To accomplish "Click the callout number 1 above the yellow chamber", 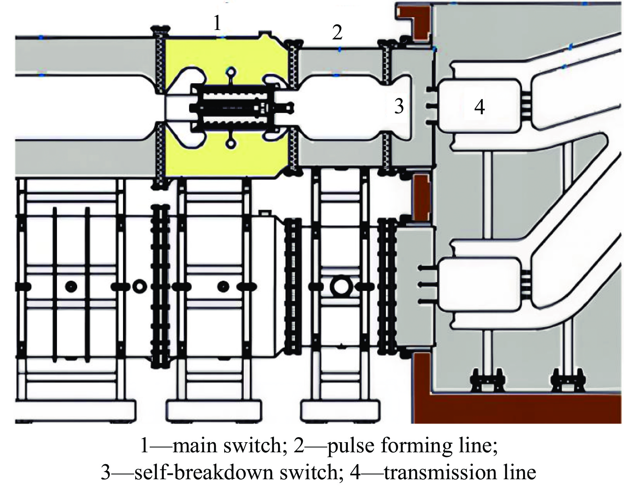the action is pos(217,24).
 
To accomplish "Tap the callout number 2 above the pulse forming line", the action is pos(337,33).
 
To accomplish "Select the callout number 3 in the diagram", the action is pos(399,106).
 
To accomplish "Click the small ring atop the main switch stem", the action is pos(231,71).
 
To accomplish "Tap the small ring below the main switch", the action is pos(231,144).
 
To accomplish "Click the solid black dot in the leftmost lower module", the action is pos(71,286).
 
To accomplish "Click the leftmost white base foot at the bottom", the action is pos(76,411).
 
